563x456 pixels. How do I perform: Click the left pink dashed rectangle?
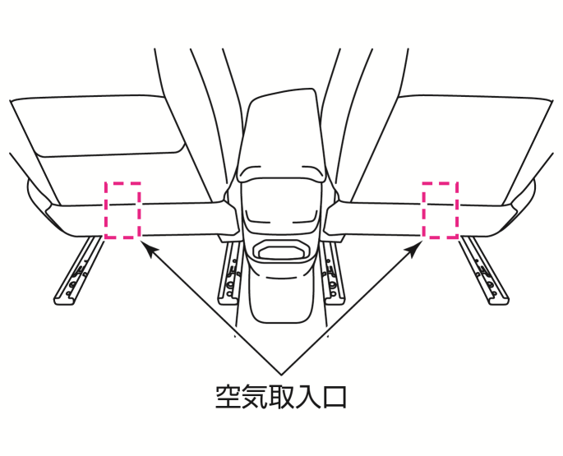point(105,210)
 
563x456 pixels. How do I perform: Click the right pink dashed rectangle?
point(458,210)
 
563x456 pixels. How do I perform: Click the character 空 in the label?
point(228,396)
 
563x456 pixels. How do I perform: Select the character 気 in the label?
point(256,396)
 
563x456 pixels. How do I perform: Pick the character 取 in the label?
point(282,396)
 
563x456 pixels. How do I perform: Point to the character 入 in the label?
point(308,396)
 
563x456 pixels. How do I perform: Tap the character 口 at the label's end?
point(335,397)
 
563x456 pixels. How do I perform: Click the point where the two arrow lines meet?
point(281,375)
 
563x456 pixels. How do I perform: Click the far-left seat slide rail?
point(77,271)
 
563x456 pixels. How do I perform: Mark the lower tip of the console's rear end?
point(281,322)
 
